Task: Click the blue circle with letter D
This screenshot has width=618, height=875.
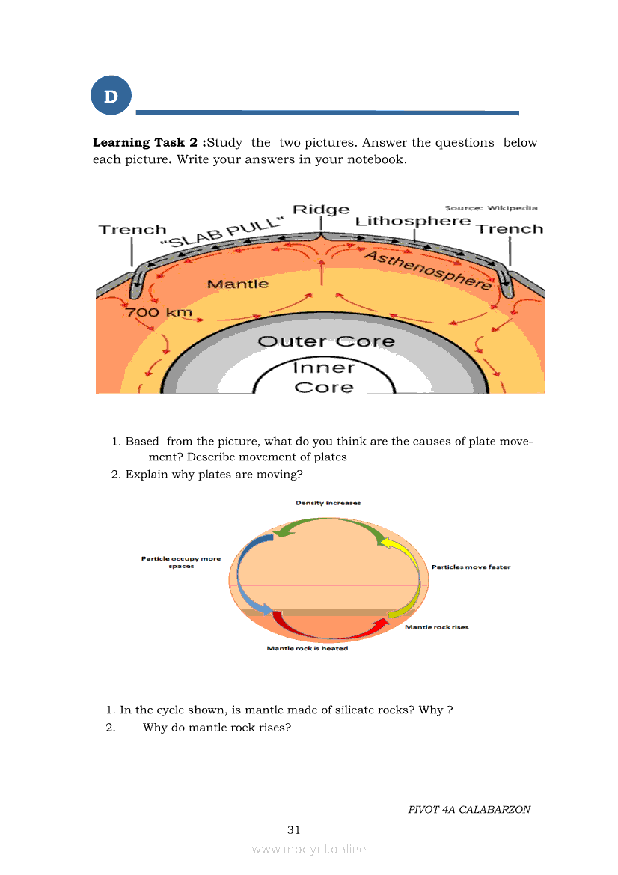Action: (x=111, y=96)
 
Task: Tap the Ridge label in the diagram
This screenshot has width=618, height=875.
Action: (x=320, y=210)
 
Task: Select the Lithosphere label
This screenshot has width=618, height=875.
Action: (x=412, y=221)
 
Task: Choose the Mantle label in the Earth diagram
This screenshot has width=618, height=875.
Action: (x=237, y=284)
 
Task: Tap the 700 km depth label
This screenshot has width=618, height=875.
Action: (x=159, y=312)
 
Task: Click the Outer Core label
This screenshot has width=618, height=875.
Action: (x=325, y=341)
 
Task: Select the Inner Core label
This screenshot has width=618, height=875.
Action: (x=323, y=377)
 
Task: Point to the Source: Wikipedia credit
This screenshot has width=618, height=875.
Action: (x=491, y=208)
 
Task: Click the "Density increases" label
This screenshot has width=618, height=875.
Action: (x=328, y=503)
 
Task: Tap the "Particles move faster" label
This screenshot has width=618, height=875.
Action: (x=471, y=567)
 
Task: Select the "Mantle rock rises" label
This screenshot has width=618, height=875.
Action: (x=436, y=627)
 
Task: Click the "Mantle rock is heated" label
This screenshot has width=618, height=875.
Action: (x=307, y=649)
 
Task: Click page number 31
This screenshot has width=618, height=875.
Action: (x=293, y=829)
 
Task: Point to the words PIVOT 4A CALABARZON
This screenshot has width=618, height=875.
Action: (x=469, y=810)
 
